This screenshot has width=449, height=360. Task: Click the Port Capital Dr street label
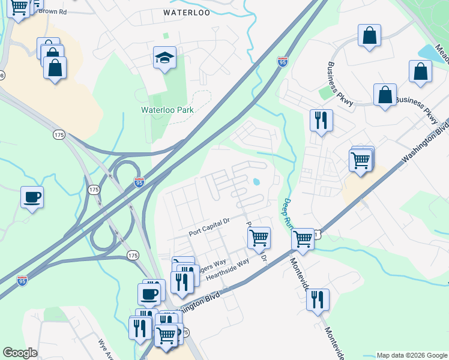[x=209, y=221]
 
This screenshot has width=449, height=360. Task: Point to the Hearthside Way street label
[x=227, y=270]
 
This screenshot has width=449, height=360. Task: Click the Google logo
[x=20, y=352]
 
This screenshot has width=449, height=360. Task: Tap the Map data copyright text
[x=412, y=355]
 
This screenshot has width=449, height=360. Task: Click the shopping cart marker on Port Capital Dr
[x=259, y=237]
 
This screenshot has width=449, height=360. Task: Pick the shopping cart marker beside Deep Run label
[x=303, y=238]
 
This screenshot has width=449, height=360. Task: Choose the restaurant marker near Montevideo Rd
[x=318, y=299]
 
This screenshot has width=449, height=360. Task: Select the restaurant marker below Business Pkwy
[x=321, y=120]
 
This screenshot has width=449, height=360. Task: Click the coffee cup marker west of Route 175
[x=32, y=196]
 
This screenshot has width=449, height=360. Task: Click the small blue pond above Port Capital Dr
[x=257, y=182]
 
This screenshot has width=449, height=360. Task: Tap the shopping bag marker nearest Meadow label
[x=420, y=71]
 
